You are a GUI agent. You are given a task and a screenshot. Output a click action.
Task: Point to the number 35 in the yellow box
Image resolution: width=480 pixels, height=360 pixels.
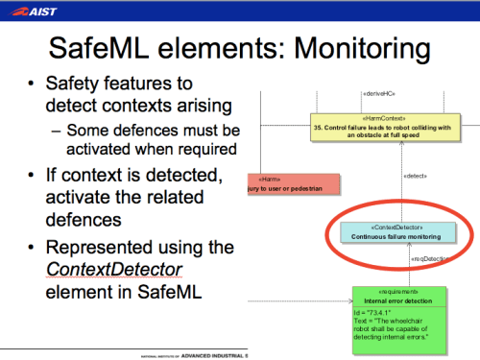(x=318, y=127)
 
